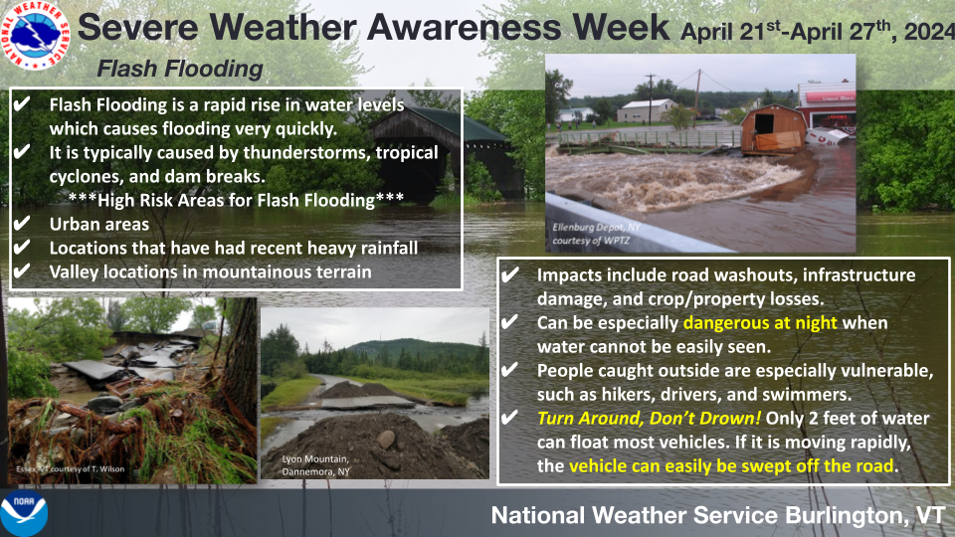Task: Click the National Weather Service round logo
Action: point(36,35)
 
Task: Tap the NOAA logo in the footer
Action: point(23,513)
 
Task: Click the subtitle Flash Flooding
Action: point(180,69)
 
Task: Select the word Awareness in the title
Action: point(462,27)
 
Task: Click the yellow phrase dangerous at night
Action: point(760,322)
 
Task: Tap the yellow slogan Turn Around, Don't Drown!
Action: point(649,419)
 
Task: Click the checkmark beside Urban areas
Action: point(21,224)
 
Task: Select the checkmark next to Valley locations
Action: point(21,270)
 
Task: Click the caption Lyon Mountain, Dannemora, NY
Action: point(315,465)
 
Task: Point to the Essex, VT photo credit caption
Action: point(70,468)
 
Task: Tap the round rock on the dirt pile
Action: point(385,439)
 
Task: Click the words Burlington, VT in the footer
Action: point(864,516)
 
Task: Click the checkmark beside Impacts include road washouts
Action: point(509,274)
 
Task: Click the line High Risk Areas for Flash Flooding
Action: point(237,200)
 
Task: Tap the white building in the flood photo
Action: point(646,110)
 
